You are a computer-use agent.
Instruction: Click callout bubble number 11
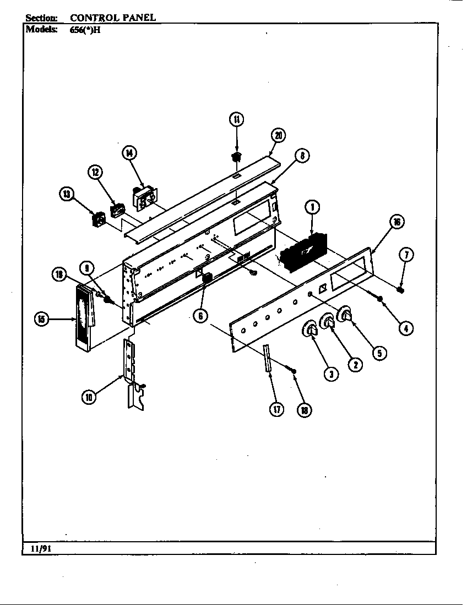pyautogui.click(x=236, y=119)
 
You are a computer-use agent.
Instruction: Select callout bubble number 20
pyautogui.click(x=279, y=136)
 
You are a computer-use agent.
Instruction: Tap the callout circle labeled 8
pyautogui.click(x=301, y=156)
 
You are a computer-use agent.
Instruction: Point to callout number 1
pyautogui.click(x=312, y=207)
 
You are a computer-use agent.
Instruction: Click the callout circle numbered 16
pyautogui.click(x=396, y=222)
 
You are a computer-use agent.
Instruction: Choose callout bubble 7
pyautogui.click(x=405, y=254)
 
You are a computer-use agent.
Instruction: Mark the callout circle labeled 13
pyautogui.click(x=67, y=193)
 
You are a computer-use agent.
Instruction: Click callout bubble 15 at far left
pyautogui.click(x=41, y=319)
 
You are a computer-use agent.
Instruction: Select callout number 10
pyautogui.click(x=89, y=396)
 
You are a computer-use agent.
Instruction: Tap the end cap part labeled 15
pyautogui.click(x=83, y=319)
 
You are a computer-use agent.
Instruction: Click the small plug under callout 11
pyautogui.click(x=236, y=157)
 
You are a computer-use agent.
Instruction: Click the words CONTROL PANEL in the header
pyautogui.click(x=113, y=18)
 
